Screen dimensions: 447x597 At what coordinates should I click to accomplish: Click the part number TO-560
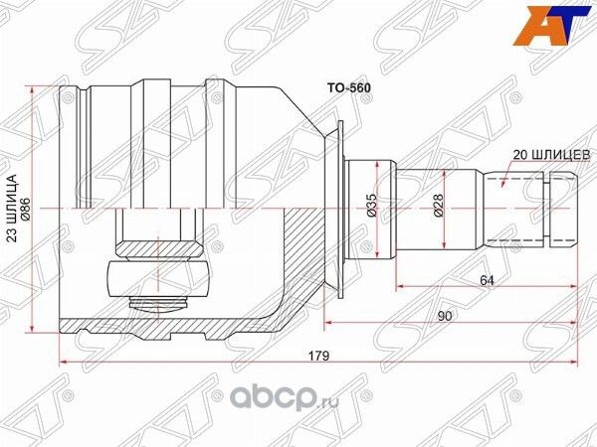[x=349, y=87]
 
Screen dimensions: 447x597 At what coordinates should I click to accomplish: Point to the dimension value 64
[x=488, y=281]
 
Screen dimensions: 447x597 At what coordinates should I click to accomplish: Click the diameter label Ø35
[x=369, y=206]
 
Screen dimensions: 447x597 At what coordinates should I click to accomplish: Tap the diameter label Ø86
[x=26, y=211]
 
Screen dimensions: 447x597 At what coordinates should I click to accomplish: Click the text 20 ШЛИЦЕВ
[x=552, y=155]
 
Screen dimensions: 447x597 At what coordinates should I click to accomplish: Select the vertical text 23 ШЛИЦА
[x=11, y=211]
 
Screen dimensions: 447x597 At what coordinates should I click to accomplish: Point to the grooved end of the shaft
[x=561, y=209]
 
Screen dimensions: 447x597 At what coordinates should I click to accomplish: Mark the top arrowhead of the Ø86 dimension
[x=36, y=91]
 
